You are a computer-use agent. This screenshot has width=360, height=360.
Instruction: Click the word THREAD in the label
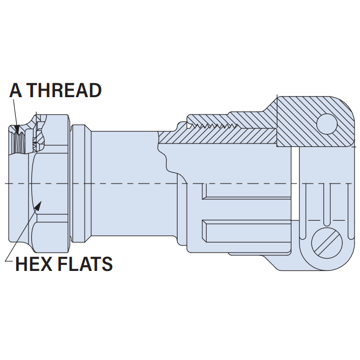tap(65, 90)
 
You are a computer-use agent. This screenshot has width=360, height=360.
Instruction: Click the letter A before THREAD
tap(16, 90)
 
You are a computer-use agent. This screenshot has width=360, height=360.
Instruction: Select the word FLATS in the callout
tap(85, 264)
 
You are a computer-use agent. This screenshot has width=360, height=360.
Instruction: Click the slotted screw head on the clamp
tap(327, 243)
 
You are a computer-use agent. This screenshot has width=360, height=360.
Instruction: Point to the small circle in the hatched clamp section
tap(327, 124)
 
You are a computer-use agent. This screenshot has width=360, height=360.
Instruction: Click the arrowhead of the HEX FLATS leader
tap(38, 206)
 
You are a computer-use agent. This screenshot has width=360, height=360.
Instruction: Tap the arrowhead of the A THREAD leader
tap(17, 130)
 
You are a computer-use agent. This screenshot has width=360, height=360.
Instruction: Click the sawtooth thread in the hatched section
tap(212, 125)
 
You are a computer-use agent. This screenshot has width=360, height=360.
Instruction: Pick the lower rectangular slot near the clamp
tap(247, 231)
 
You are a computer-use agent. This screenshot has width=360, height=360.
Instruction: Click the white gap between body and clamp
tap(295, 184)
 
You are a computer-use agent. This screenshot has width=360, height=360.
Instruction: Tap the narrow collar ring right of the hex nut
tap(78, 184)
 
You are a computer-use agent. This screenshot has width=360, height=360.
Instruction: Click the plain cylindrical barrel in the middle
tap(131, 184)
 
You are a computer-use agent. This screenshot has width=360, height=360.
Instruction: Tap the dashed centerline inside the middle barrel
tap(131, 184)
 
